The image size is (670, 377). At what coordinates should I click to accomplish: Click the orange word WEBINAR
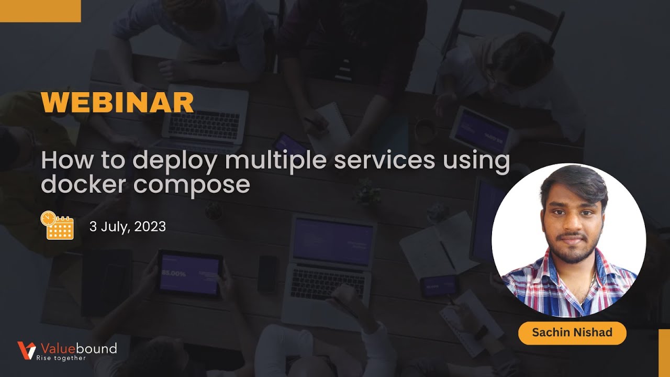tap(117, 102)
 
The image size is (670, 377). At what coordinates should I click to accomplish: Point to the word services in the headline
tap(385, 160)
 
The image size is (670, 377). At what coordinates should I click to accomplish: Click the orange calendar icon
tap(57, 226)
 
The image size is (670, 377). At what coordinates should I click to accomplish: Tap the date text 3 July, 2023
tap(128, 227)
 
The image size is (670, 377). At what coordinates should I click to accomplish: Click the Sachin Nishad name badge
tap(572, 332)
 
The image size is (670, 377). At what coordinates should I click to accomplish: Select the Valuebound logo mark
tap(26, 350)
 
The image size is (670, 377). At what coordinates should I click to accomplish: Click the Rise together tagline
tap(61, 358)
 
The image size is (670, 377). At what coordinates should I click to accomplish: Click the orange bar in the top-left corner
tap(40, 10)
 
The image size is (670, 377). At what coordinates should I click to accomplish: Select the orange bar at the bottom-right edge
tap(664, 353)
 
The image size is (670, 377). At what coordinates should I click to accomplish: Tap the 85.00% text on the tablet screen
tap(173, 273)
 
